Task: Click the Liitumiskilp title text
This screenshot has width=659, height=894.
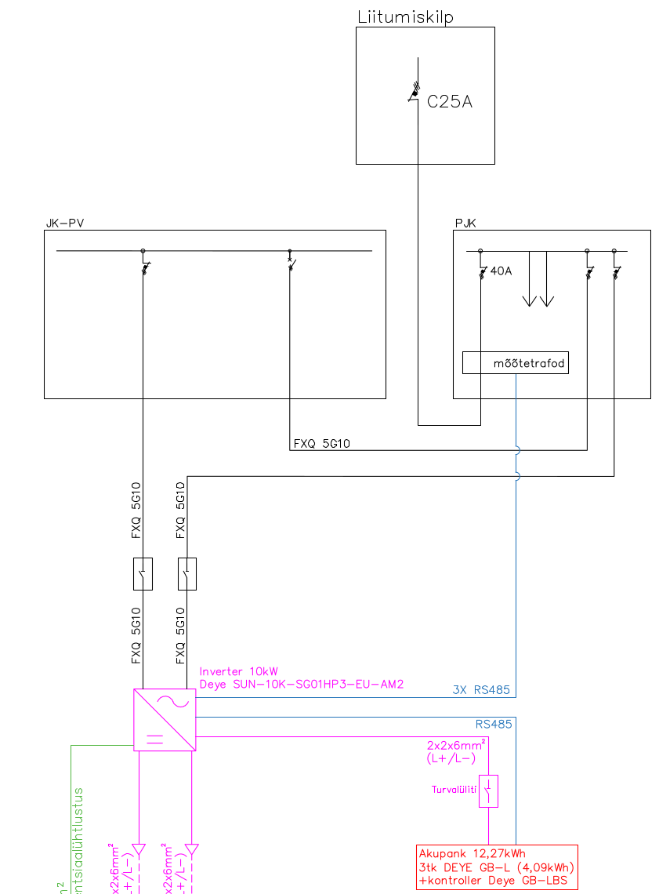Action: (x=405, y=16)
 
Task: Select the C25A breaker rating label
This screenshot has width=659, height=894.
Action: (x=450, y=101)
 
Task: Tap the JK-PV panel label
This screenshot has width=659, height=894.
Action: (x=65, y=223)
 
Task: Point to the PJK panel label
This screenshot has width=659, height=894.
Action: (x=465, y=223)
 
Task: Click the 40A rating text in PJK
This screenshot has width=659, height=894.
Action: (x=500, y=272)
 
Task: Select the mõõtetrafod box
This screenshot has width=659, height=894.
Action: (x=515, y=363)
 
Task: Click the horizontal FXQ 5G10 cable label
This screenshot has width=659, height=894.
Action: (x=321, y=444)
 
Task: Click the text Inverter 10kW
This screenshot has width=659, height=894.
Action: (x=238, y=671)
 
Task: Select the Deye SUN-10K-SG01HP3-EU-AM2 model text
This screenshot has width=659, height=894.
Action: (x=301, y=684)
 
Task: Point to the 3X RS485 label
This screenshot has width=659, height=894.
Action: (x=481, y=691)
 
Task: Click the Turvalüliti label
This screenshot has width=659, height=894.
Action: (x=454, y=790)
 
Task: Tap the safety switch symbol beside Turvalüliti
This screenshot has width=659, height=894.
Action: (x=489, y=791)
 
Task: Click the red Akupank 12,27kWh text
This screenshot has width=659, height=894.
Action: (x=472, y=853)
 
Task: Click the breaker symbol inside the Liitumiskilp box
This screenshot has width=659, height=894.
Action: (x=415, y=93)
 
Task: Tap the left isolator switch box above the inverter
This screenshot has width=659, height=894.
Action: (x=143, y=574)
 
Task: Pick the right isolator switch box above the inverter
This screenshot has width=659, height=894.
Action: (x=187, y=574)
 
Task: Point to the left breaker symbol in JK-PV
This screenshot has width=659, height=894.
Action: (x=143, y=267)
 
